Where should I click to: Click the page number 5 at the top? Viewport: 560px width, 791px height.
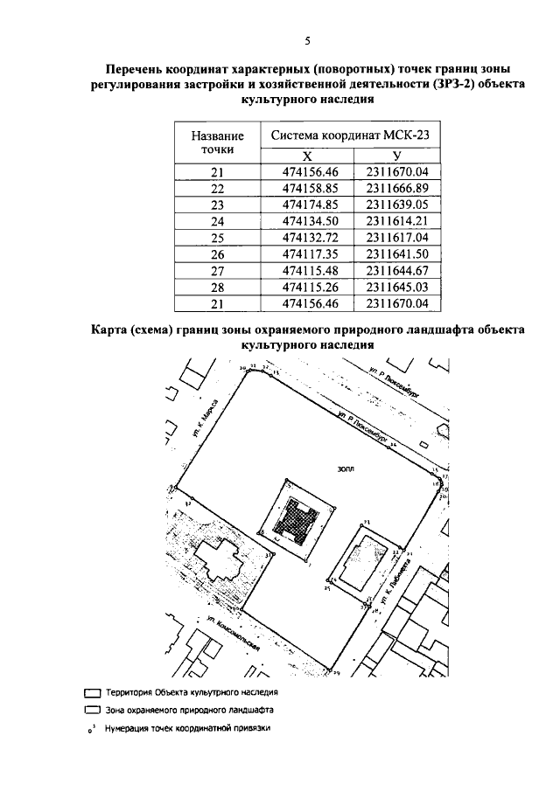tap(307, 41)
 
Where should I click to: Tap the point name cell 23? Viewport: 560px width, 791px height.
tap(218, 205)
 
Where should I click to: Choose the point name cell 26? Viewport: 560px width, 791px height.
tap(218, 253)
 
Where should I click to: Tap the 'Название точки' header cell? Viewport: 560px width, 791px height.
tap(218, 143)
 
